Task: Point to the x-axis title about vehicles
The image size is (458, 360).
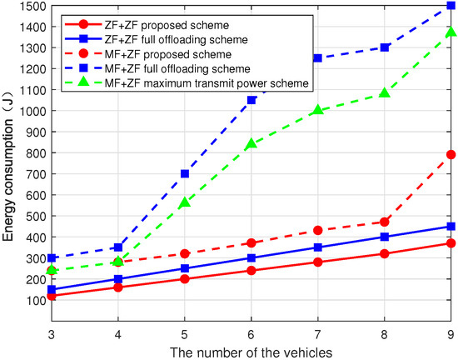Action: tap(250, 352)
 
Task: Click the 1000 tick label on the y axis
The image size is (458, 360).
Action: tap(31, 110)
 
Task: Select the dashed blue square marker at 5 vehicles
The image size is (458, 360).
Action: tap(185, 173)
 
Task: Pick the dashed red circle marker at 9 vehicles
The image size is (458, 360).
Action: tap(451, 154)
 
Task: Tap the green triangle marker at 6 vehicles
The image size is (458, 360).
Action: tap(251, 143)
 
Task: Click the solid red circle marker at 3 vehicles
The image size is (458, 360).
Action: tap(52, 296)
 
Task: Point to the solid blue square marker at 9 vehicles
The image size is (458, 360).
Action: tap(451, 226)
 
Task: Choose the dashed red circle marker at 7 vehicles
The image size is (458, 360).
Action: tap(318, 230)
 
